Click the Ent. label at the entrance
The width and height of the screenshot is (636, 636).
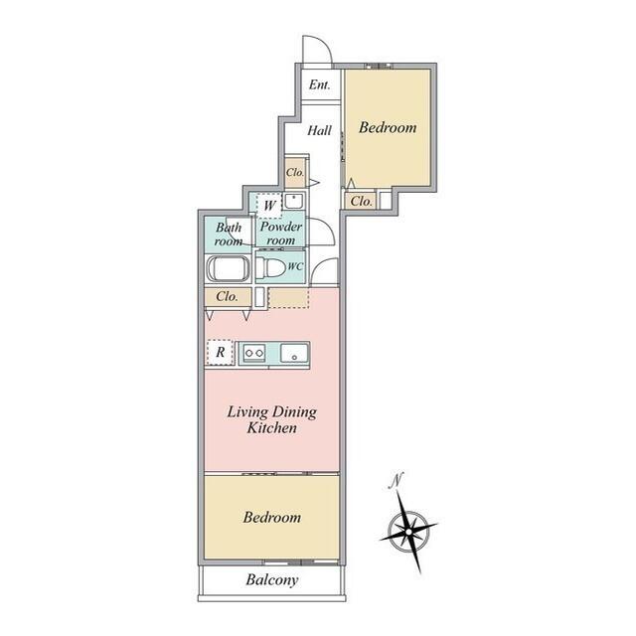pyautogui.click(x=320, y=84)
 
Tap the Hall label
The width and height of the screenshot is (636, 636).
pyautogui.click(x=319, y=130)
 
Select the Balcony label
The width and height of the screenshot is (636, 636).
pyautogui.click(x=272, y=580)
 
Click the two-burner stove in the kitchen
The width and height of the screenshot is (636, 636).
pyautogui.click(x=254, y=354)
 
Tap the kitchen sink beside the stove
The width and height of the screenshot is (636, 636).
pyautogui.click(x=294, y=353)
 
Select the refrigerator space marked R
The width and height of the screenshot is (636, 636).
pyautogui.click(x=220, y=352)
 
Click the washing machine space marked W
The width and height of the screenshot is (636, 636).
pyautogui.click(x=269, y=206)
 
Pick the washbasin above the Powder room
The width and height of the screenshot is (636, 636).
pyautogui.click(x=294, y=201)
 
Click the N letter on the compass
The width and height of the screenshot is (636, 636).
pyautogui.click(x=396, y=481)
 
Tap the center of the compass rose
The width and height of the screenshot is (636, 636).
pyautogui.click(x=408, y=531)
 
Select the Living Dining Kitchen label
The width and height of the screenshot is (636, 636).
pyautogui.click(x=271, y=419)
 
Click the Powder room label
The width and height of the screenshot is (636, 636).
pyautogui.click(x=280, y=234)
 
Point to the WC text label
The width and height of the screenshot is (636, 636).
pyautogui.click(x=295, y=267)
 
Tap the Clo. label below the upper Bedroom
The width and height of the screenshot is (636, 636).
pyautogui.click(x=361, y=201)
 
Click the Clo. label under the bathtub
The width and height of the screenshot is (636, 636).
pyautogui.click(x=227, y=296)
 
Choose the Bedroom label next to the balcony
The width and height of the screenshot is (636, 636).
pyautogui.click(x=272, y=517)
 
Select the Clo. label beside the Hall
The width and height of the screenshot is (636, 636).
pyautogui.click(x=295, y=172)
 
